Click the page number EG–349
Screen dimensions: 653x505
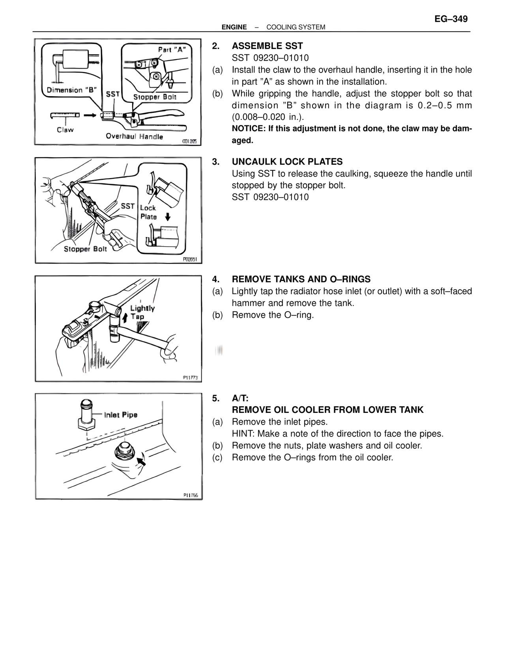(x=451, y=19)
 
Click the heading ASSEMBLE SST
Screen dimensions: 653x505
(x=267, y=46)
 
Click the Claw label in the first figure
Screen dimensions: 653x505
(x=65, y=129)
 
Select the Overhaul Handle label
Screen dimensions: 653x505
(x=134, y=136)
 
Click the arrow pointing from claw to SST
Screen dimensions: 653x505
(x=90, y=115)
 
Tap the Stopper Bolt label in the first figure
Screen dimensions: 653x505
(x=155, y=97)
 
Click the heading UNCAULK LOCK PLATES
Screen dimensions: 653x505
(x=287, y=162)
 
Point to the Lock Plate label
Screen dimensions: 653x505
(x=148, y=212)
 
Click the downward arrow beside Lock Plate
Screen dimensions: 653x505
(x=168, y=216)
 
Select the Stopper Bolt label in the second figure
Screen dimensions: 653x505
(x=85, y=249)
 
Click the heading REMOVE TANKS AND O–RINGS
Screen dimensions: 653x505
(x=301, y=279)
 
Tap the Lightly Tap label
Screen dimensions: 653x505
(x=142, y=312)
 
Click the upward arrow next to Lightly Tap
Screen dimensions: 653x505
(x=125, y=317)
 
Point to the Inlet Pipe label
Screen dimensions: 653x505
(x=121, y=415)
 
